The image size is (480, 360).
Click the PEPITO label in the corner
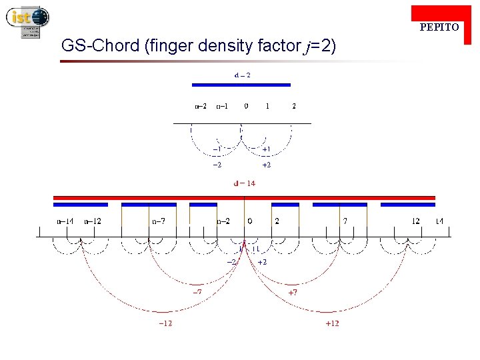[x=439, y=27]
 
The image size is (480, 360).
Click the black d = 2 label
[x=242, y=75]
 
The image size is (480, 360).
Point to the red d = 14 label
[x=244, y=183]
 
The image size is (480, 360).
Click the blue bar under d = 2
[x=241, y=85]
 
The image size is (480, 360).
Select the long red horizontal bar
[x=244, y=197]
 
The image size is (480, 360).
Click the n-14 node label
[x=65, y=221]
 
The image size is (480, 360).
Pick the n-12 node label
[x=93, y=221]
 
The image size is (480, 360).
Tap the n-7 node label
[x=159, y=221]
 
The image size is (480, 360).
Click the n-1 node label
[x=222, y=106]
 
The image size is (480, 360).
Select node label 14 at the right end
[x=439, y=221]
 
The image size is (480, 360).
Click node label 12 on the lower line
[x=415, y=221]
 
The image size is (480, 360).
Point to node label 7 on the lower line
[x=345, y=221]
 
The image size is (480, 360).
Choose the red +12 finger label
[x=332, y=323]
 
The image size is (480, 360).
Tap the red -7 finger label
[x=198, y=292]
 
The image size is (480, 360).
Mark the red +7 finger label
[x=293, y=292]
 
